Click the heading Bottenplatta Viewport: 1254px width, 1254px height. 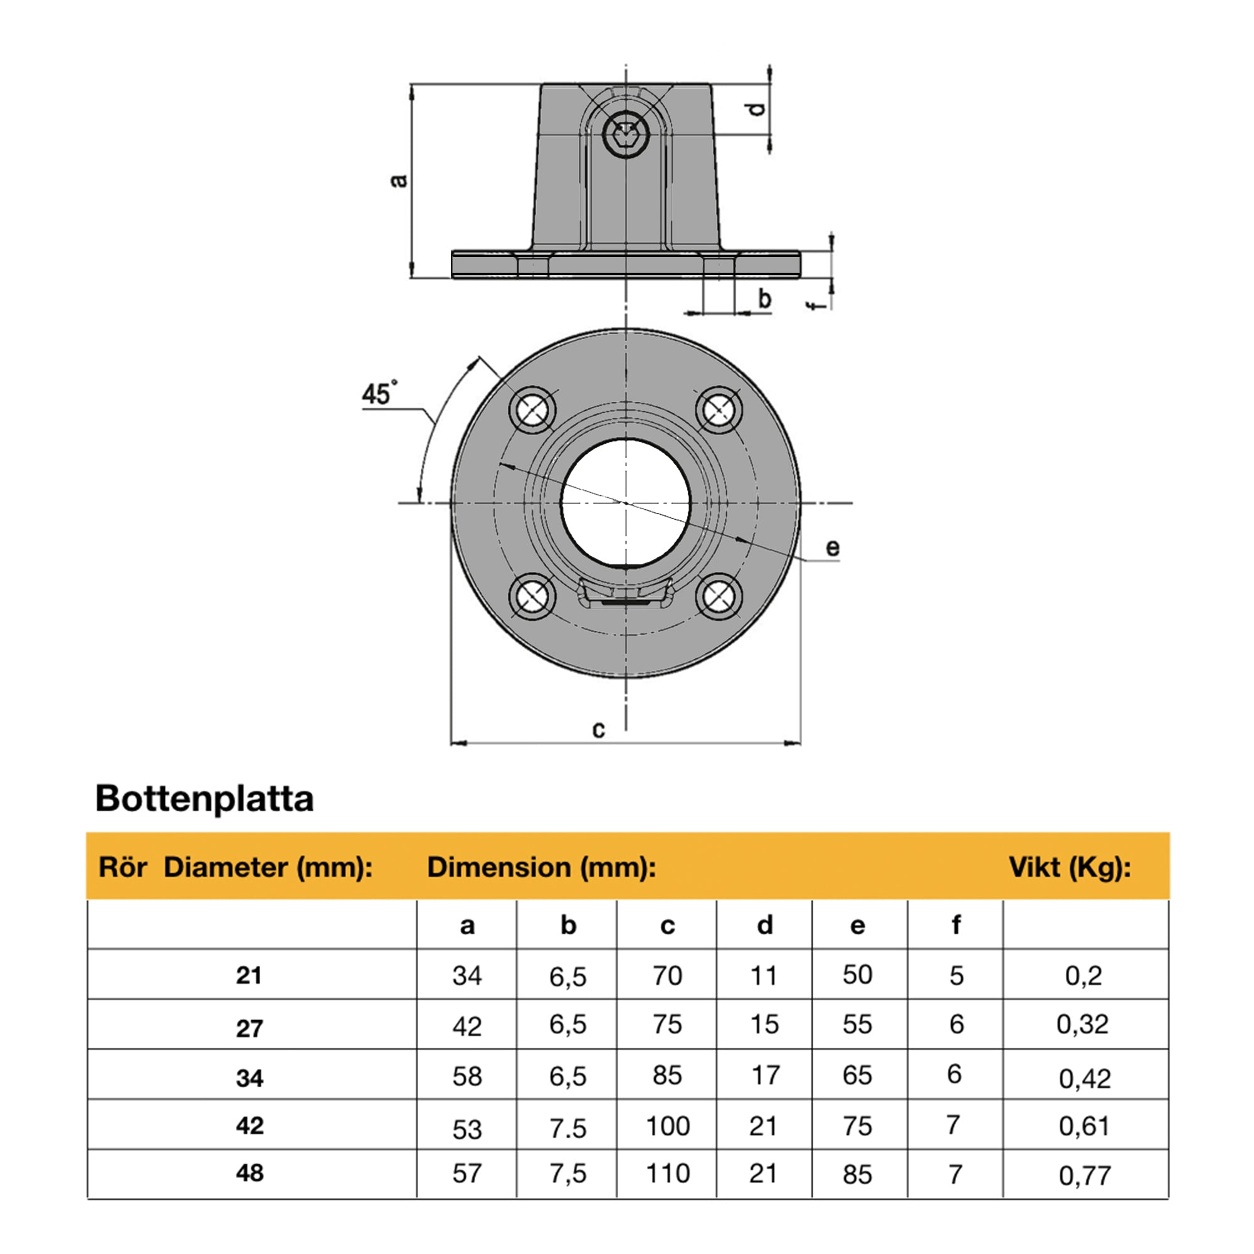pos(204,799)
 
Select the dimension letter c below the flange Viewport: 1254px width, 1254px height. pos(598,730)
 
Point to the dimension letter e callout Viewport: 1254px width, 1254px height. pos(833,548)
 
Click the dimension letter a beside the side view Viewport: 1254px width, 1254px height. pos(400,180)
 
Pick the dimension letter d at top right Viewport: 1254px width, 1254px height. pos(757,109)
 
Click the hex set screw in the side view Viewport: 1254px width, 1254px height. pos(626,135)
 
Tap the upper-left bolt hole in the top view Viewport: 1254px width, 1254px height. pos(532,409)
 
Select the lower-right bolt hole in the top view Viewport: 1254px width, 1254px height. pos(719,596)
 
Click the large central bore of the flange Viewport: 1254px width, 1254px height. pos(626,503)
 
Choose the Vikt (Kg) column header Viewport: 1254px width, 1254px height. pos(1070,867)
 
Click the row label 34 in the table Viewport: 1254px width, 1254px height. pos(250,1078)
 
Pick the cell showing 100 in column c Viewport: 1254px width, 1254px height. pos(667,1126)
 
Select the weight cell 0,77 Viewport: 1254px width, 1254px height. pos(1085,1176)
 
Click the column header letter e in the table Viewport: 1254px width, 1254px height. pos(857,925)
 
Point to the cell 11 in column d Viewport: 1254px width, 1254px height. pos(763,976)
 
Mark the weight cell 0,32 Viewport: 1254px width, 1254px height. pos(1082,1025)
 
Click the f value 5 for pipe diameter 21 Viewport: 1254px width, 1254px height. pos(956,976)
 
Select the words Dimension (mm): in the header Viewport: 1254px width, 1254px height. pos(541,867)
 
